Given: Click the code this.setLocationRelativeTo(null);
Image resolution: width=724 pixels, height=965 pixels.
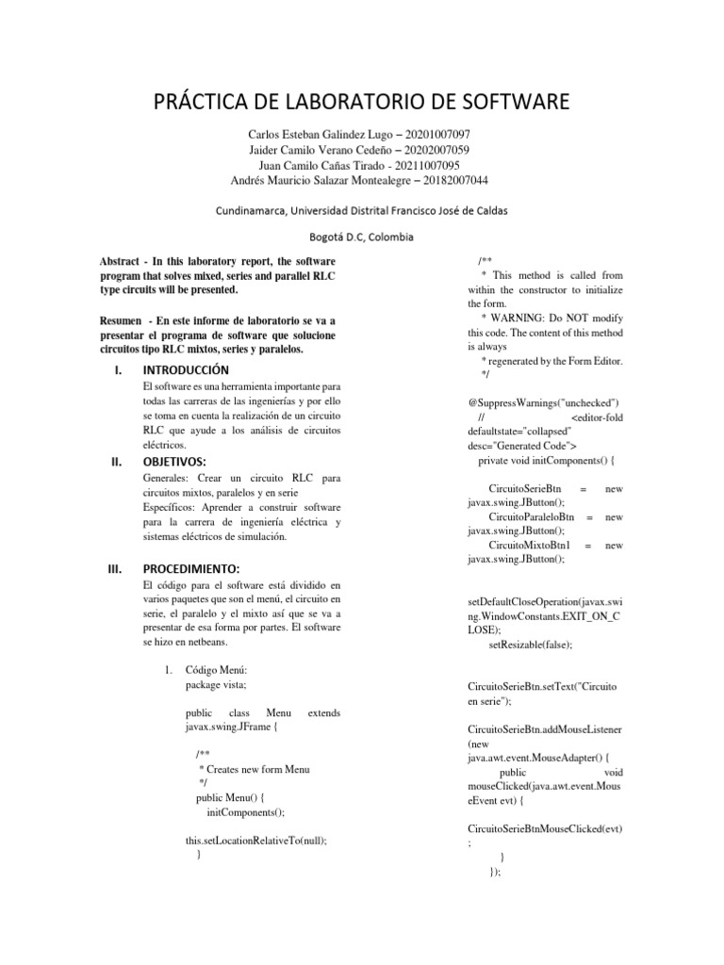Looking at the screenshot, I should click(x=262, y=839).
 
